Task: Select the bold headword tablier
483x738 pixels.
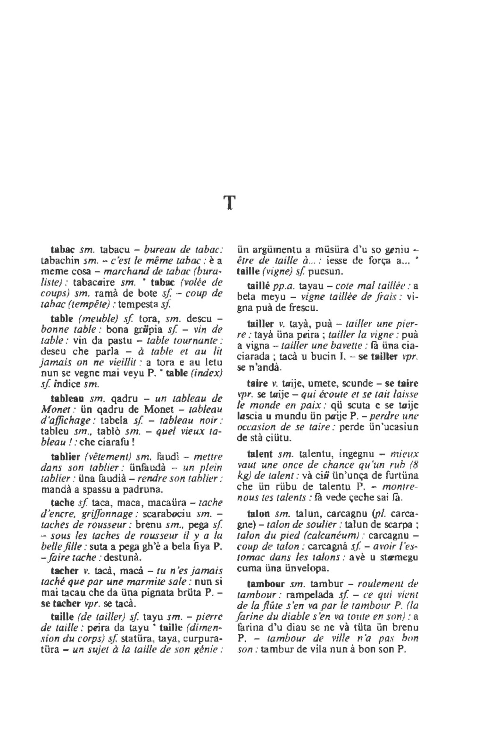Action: click(66, 456)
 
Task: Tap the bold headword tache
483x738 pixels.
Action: click(63, 502)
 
